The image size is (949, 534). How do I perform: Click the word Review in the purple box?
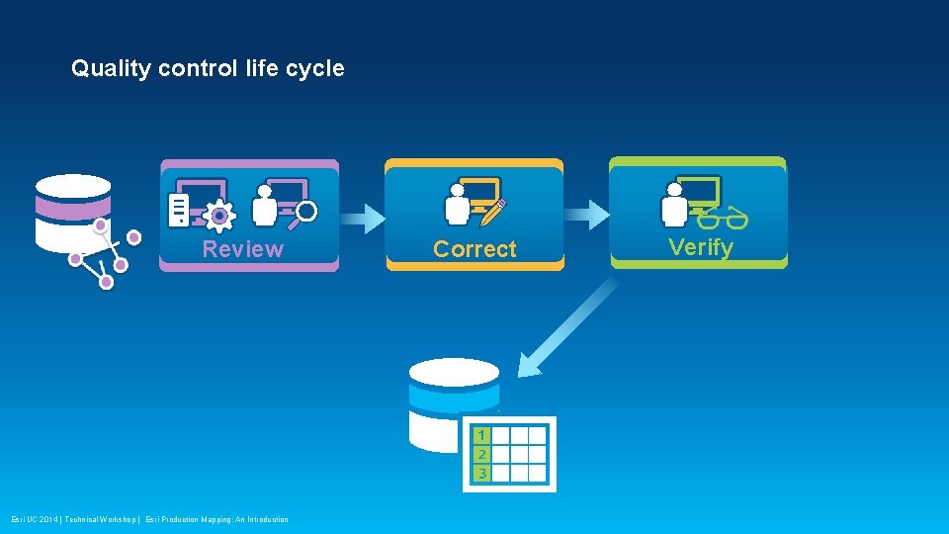pos(242,249)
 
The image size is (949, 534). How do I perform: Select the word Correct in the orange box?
pos(474,249)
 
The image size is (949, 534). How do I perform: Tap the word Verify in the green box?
pos(700,247)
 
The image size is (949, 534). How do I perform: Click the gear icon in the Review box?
pos(218,215)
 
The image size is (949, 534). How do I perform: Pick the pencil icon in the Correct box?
pos(495,210)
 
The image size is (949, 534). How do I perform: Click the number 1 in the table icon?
pos(480,435)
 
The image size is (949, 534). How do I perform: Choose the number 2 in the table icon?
pos(480,454)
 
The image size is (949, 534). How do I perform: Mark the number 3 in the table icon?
pos(480,473)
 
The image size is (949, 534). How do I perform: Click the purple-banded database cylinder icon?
pos(72,213)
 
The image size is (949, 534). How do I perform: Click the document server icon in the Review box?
pos(179,210)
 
